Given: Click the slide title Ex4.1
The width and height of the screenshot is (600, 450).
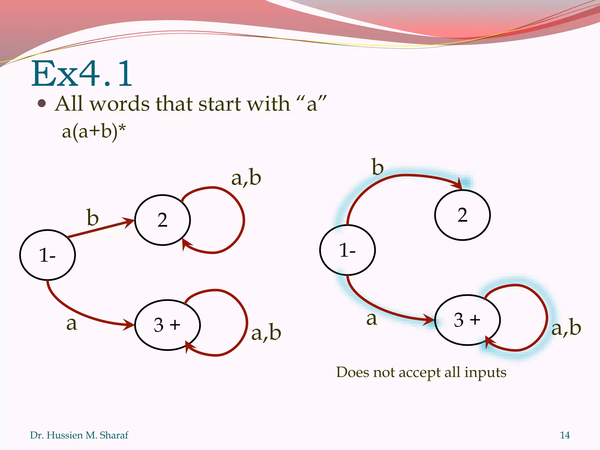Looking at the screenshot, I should (x=82, y=74).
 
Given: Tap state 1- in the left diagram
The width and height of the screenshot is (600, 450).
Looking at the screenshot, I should (x=47, y=255).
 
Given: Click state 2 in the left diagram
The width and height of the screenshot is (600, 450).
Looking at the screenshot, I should (x=163, y=220).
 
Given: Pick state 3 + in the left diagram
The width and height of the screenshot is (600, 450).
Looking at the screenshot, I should (x=167, y=325).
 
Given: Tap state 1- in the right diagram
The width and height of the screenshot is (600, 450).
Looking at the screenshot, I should (x=347, y=250).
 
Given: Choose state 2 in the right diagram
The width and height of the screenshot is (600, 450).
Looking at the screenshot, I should (x=462, y=215).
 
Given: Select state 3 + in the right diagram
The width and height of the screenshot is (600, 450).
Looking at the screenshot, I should (x=467, y=320).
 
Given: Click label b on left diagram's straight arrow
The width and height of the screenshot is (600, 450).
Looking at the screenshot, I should (x=93, y=218).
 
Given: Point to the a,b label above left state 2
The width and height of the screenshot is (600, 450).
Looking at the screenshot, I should (x=246, y=178).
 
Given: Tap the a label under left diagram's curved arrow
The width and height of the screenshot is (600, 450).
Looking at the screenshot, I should (x=72, y=323).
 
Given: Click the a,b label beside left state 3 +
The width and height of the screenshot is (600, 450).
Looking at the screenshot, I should (x=266, y=333).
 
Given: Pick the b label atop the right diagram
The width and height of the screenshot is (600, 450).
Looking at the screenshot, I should (x=378, y=167).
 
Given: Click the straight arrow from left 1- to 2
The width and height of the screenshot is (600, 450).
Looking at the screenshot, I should (x=100, y=229).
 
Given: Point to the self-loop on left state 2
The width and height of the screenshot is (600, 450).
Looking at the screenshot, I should (x=243, y=220).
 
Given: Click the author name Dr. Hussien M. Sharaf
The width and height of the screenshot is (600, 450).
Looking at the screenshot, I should (x=79, y=435).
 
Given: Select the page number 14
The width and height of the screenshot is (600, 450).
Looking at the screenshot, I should (x=565, y=435).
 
